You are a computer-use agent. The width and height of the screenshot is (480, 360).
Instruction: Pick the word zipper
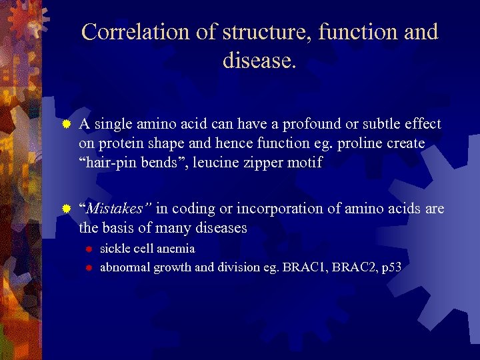click(263, 163)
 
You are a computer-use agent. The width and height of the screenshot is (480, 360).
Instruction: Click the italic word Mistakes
click(115, 209)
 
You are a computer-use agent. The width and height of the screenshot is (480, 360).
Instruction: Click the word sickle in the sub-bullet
click(116, 249)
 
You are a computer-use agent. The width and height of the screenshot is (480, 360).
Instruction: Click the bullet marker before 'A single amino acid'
click(65, 125)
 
